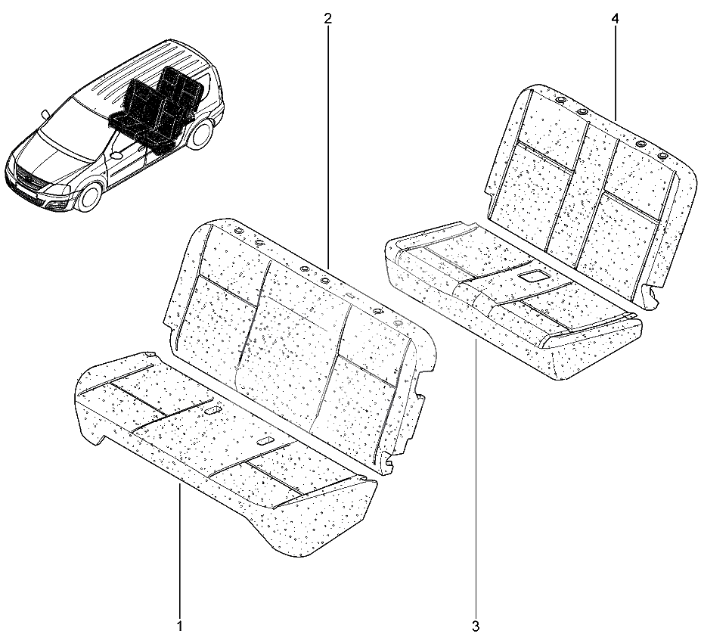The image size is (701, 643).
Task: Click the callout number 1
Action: (180, 626)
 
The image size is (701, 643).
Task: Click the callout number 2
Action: (328, 18)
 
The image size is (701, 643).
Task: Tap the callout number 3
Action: (476, 626)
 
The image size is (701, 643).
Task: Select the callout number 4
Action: (615, 18)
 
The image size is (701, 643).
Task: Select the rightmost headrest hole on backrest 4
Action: (662, 156)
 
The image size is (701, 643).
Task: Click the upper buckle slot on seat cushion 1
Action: (212, 410)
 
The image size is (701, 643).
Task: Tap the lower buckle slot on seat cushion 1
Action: (265, 441)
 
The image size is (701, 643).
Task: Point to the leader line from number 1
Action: (180, 551)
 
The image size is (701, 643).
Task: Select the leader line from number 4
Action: (615, 73)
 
